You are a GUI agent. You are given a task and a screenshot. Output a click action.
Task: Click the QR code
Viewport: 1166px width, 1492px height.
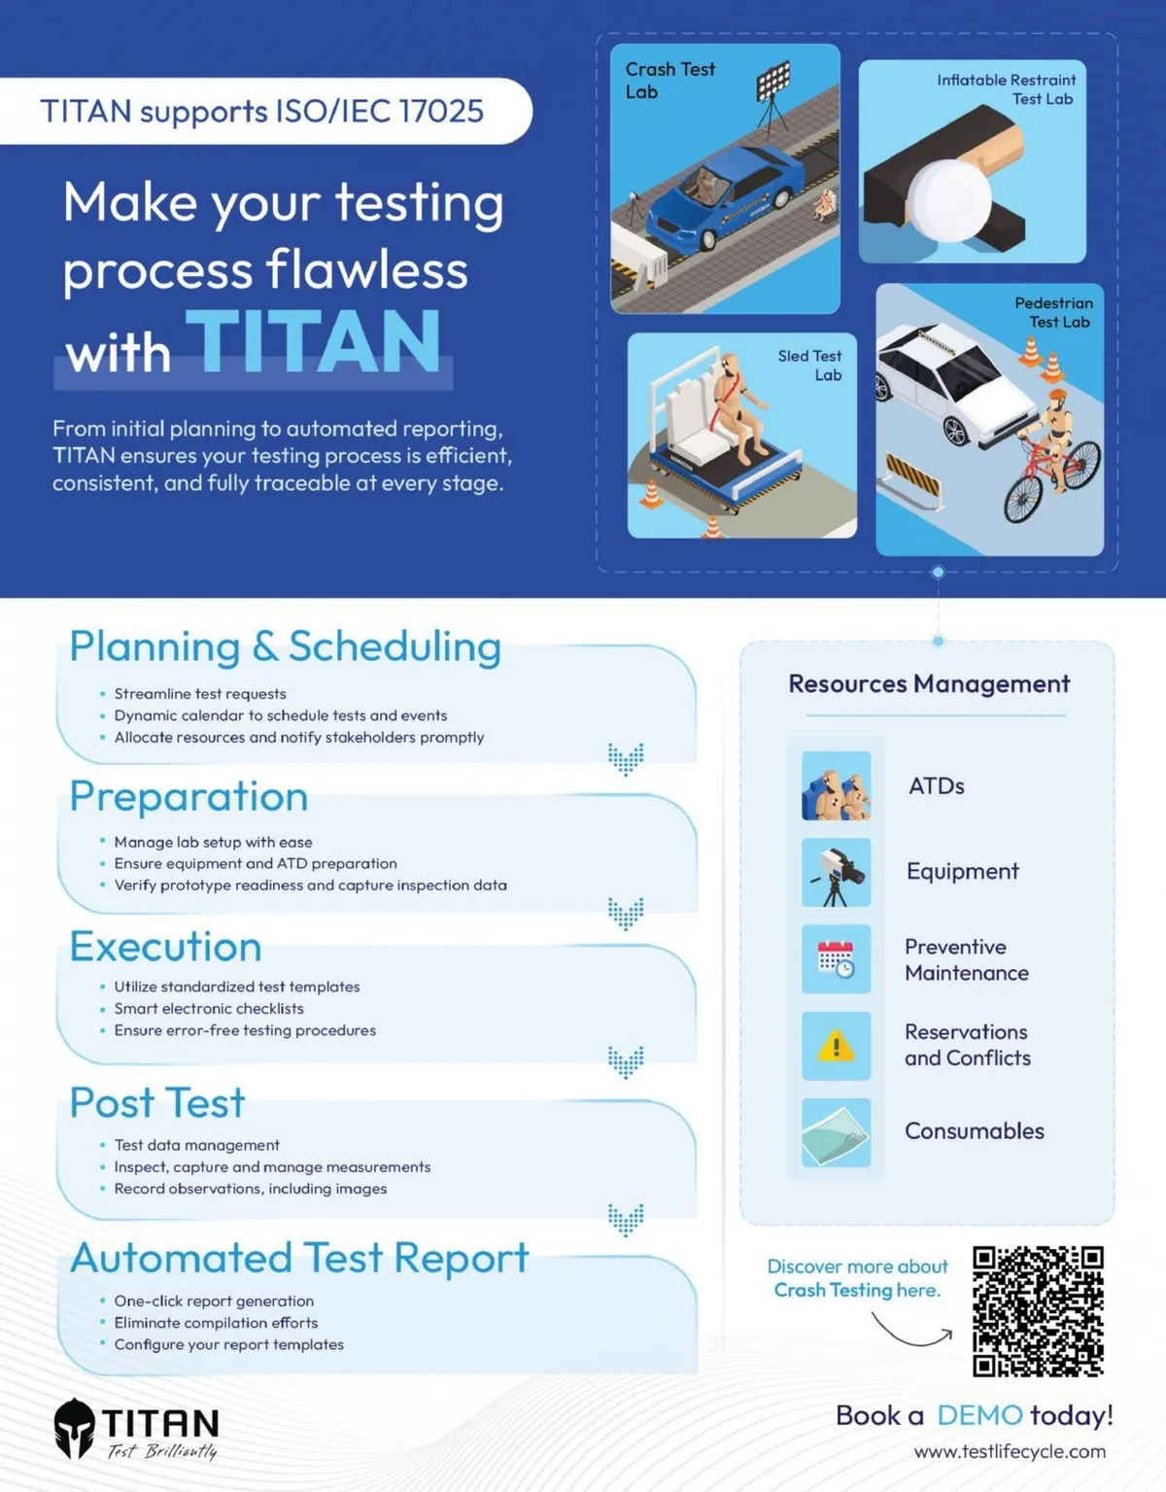[x=1038, y=1311]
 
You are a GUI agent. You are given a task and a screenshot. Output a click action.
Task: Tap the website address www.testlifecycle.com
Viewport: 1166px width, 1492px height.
[x=1010, y=1451]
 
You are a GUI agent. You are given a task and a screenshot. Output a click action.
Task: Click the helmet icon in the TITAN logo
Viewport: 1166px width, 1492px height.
[x=74, y=1429]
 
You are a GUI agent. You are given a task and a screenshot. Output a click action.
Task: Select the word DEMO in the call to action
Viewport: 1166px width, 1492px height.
[x=980, y=1415]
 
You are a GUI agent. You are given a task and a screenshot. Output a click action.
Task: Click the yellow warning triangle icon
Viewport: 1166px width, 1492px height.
[x=836, y=1046]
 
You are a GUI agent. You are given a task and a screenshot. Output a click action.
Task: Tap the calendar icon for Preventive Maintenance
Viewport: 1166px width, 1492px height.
[x=836, y=958]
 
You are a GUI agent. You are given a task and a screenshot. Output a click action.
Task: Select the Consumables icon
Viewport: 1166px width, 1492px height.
[x=836, y=1132]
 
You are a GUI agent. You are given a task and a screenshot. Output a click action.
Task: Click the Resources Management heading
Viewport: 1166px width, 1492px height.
[x=929, y=684]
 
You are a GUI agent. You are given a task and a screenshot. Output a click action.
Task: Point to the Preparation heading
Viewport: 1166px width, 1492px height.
[x=189, y=798]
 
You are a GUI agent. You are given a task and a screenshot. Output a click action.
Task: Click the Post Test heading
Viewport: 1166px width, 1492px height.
[x=157, y=1102]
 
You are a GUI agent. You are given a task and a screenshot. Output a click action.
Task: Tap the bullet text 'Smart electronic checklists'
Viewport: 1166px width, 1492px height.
[x=209, y=1009]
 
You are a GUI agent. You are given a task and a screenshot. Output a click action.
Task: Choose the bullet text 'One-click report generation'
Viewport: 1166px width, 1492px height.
[x=214, y=1301]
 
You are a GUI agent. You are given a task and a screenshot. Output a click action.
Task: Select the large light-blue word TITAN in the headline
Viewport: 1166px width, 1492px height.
[x=314, y=341]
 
